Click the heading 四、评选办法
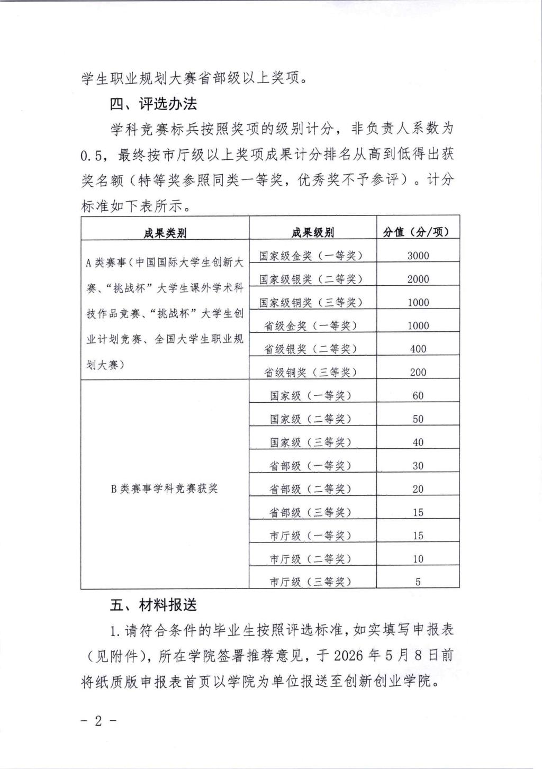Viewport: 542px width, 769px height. pos(153,104)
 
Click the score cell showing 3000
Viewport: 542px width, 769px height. pos(418,256)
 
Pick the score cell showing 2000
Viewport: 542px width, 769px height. pos(418,279)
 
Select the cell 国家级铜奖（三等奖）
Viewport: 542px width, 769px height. pos(311,302)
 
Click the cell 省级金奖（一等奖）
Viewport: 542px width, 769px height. pos(311,325)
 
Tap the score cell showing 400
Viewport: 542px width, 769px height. pos(418,349)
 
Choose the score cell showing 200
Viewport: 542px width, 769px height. pos(418,372)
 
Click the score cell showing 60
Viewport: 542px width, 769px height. pos(418,395)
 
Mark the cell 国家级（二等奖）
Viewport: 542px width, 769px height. pos(311,419)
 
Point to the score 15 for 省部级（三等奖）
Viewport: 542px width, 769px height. pos(418,512)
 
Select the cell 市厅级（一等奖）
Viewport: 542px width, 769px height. pos(311,536)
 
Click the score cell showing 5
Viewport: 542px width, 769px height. pos(418,582)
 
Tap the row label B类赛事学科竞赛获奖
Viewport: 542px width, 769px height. pos(164,488)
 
